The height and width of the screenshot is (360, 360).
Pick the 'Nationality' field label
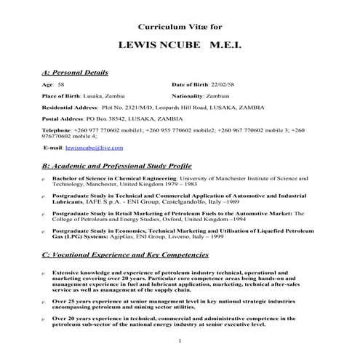click(x=190, y=95)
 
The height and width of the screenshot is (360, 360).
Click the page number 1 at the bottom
click(x=179, y=341)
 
